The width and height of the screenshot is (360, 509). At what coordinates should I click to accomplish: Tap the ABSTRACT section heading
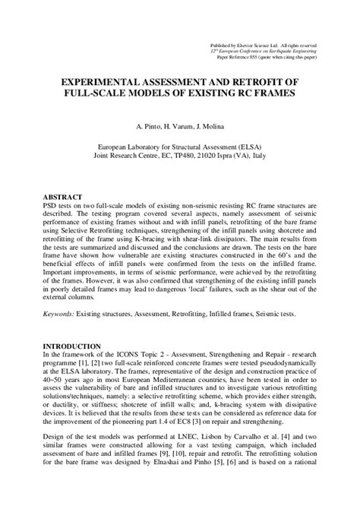pos(63,197)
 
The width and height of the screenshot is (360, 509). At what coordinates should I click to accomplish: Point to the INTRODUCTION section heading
pos(73,346)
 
